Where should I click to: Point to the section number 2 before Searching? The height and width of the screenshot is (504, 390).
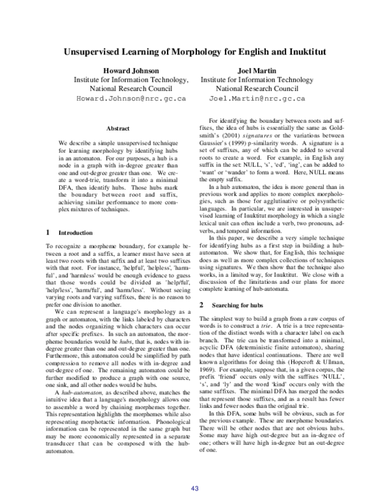(202, 305)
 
